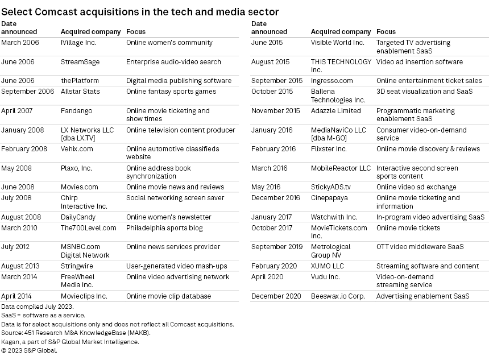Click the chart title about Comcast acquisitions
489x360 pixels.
pos(140,11)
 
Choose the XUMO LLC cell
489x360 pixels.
pos(328,266)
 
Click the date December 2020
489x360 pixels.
pos(276,296)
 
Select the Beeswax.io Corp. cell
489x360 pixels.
pos(338,296)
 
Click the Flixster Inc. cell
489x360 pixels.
pos(329,149)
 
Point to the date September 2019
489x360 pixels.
pos(277,247)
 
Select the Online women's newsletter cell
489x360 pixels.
pos(168,217)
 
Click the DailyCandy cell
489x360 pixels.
pos(78,217)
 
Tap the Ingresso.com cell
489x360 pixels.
pos(332,81)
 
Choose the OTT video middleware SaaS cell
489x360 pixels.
pos(420,247)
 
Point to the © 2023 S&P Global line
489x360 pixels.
pos(29,351)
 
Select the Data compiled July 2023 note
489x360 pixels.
pos(37,307)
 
